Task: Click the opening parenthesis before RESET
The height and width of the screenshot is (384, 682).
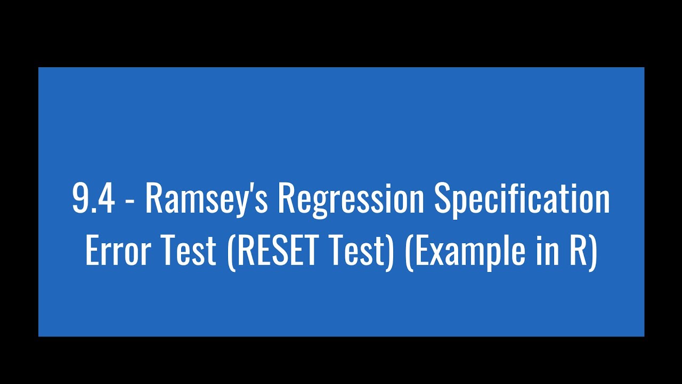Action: pyautogui.click(x=231, y=252)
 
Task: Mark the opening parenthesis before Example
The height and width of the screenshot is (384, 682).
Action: pyautogui.click(x=409, y=252)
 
